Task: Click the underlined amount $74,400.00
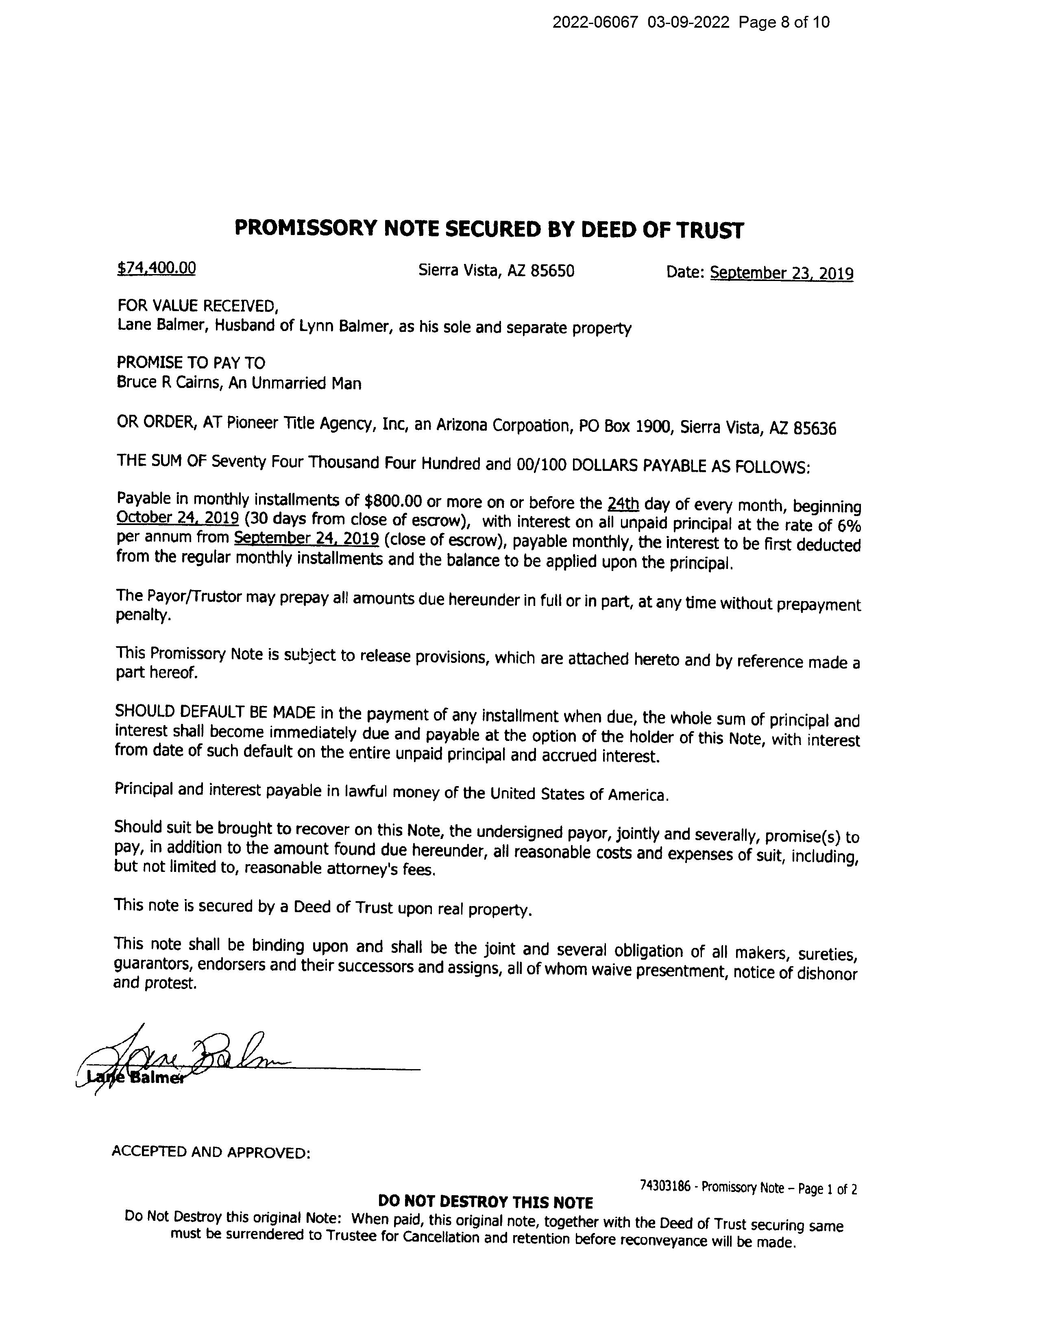(156, 268)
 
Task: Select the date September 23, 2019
(782, 273)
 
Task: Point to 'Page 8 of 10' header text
(784, 23)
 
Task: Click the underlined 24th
(623, 504)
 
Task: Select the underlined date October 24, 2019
(178, 518)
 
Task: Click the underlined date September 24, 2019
(306, 538)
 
